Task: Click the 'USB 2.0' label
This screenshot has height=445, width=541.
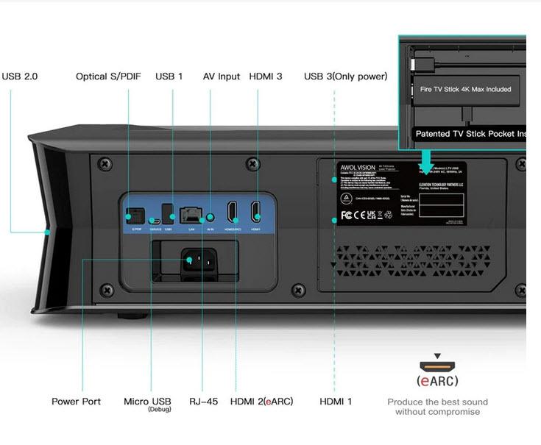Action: point(20,76)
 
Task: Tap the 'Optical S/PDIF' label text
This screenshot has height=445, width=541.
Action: point(108,76)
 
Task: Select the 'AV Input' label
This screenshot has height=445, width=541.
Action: point(222,76)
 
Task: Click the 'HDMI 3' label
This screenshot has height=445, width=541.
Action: point(266,76)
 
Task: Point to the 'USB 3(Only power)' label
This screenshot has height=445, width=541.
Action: point(346,76)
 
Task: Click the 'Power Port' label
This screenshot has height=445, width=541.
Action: point(76,402)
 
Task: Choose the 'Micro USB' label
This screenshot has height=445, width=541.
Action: point(147,402)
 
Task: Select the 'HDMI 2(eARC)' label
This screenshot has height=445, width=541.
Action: point(261,402)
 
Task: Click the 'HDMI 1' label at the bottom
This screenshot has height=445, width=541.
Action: point(336,402)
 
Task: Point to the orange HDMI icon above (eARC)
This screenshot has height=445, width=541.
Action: point(437,366)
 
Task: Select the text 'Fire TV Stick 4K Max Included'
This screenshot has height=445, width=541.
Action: point(465,90)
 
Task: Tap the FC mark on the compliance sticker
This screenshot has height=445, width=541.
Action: point(346,216)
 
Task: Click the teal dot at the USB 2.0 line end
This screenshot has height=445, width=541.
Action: point(47,232)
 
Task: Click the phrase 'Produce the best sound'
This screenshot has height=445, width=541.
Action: point(437,402)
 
